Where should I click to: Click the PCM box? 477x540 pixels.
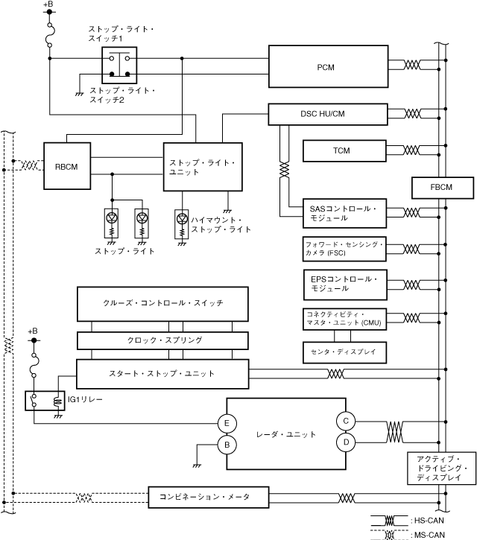coord(328,67)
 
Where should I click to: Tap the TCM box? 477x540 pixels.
coord(342,150)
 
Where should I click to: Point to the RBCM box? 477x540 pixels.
coord(66,166)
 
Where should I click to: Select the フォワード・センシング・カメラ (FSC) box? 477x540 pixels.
coord(344,249)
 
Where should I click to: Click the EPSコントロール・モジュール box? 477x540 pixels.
coord(344,284)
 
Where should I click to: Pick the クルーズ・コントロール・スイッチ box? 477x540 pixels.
coord(162,303)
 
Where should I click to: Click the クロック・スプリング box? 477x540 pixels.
coord(162,340)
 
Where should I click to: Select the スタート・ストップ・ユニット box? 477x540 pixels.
coord(162,373)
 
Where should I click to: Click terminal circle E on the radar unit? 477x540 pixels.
coord(226,424)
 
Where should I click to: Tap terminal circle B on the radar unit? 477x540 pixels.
coord(226,445)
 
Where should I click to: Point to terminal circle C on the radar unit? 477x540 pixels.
coord(347,421)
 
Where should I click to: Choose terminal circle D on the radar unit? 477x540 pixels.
coord(347,442)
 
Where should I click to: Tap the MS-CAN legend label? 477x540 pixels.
coord(429,535)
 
